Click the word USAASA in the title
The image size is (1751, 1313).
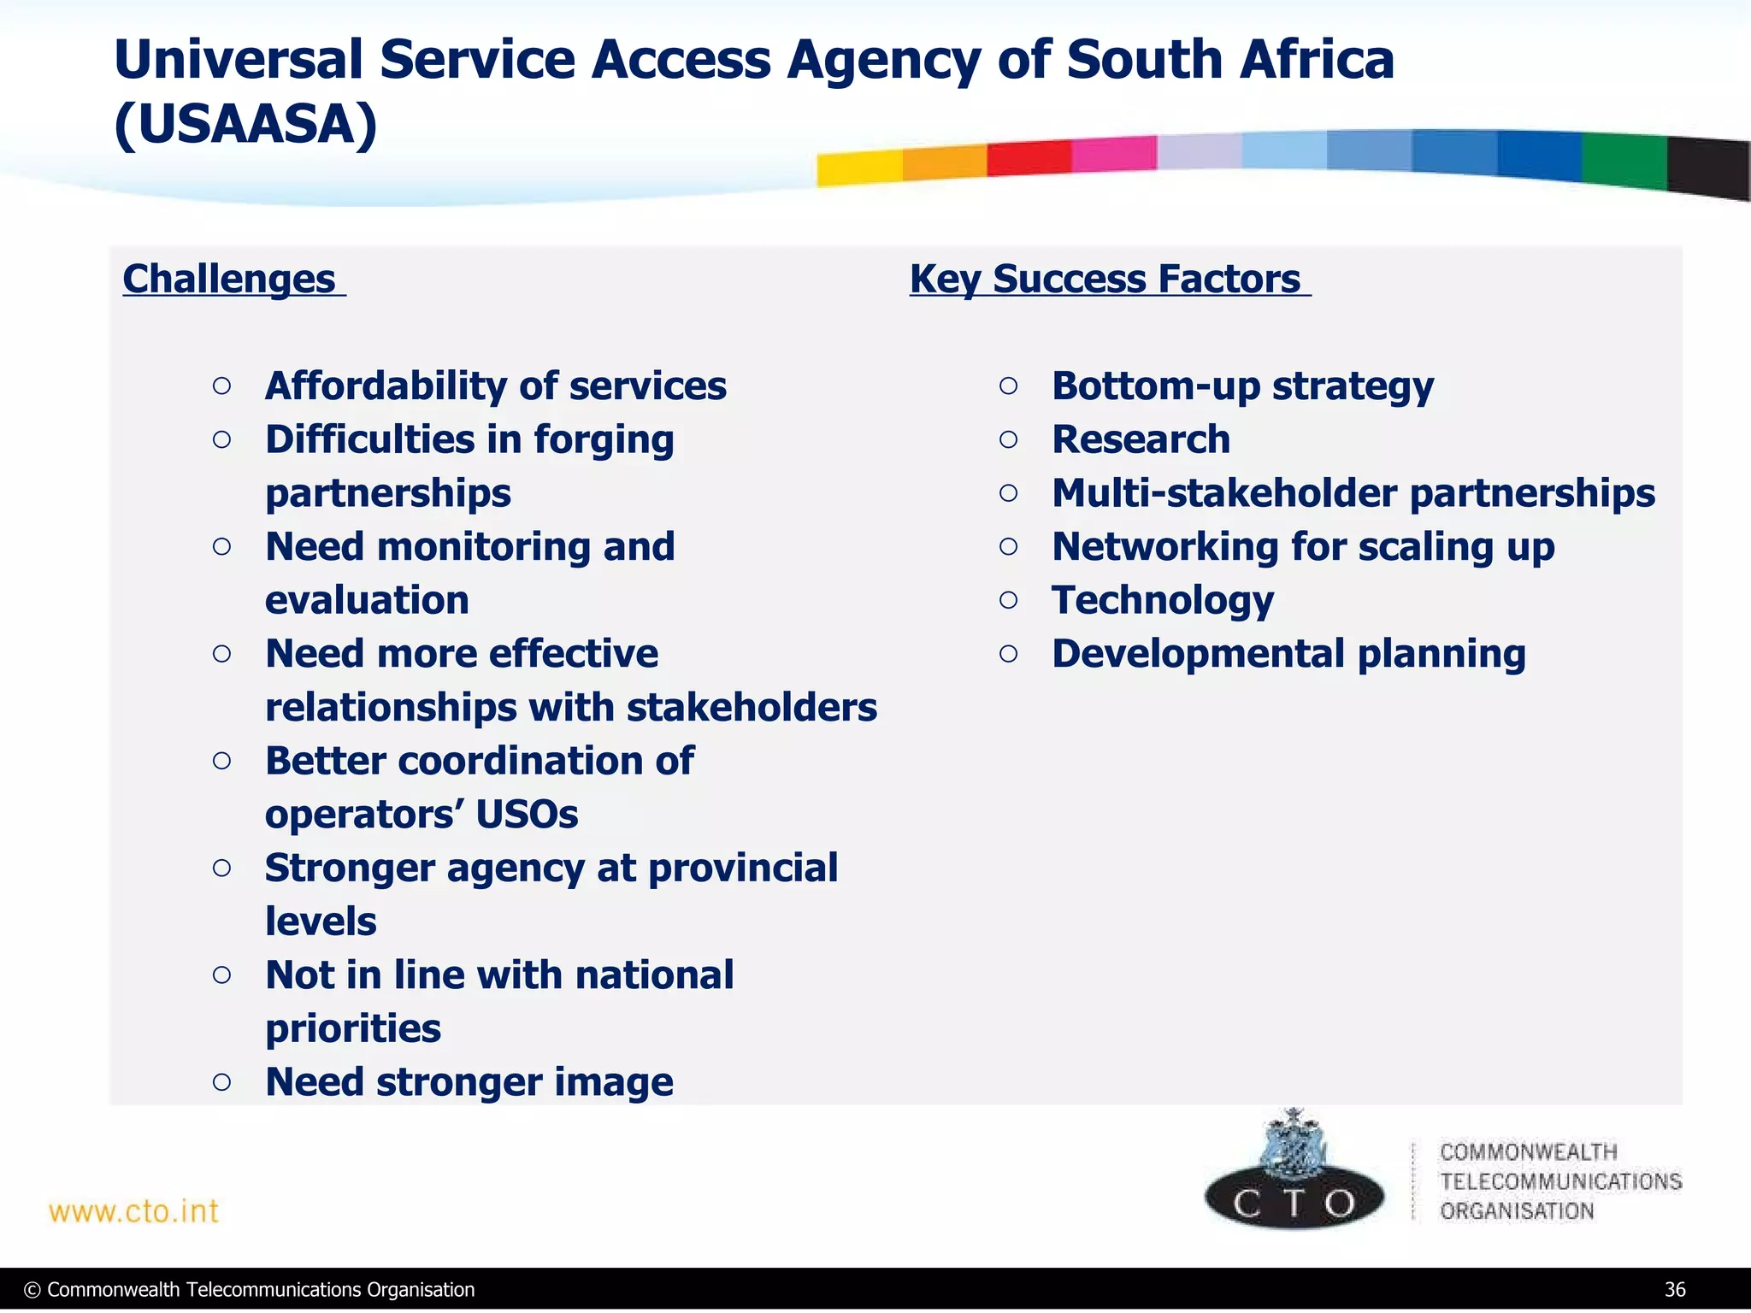pos(245,125)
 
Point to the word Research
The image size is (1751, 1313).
pos(1141,440)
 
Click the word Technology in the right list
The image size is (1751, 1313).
pos(1163,601)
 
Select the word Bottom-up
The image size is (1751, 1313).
pos(1156,386)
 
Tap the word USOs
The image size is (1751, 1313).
pos(527,815)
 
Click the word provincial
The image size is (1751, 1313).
pos(743,868)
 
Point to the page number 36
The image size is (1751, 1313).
pos(1675,1290)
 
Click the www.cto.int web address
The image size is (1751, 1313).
pos(134,1211)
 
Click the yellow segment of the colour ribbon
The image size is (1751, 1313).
pos(859,168)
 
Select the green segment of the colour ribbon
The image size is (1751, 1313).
pos(1624,161)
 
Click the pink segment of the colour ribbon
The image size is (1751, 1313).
pos(1114,154)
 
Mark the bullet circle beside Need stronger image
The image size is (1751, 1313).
pos(221,1082)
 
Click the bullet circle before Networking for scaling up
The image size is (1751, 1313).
pos(1009,547)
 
